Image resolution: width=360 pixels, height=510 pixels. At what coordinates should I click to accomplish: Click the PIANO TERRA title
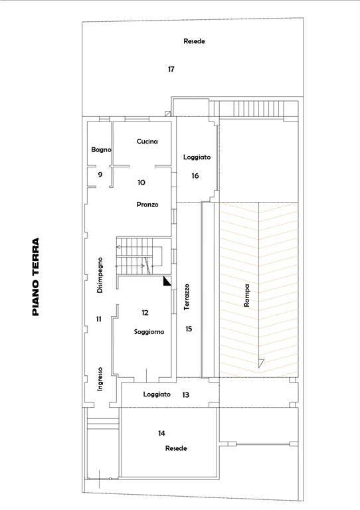[36, 277]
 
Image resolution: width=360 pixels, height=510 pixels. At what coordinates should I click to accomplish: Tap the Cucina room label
[147, 141]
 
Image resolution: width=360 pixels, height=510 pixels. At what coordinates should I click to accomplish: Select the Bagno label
[101, 149]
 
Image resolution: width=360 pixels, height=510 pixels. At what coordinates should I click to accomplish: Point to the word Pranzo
[147, 205]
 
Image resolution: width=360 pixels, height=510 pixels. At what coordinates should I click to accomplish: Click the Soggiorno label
[149, 332]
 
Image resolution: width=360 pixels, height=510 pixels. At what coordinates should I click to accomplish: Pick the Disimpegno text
[100, 276]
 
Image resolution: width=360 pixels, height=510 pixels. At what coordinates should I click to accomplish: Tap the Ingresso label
[100, 379]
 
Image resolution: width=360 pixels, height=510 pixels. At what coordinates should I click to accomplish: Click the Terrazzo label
[187, 297]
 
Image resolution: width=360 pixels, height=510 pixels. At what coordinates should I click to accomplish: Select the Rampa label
[247, 296]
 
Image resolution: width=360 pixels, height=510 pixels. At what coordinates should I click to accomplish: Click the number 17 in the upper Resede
[171, 69]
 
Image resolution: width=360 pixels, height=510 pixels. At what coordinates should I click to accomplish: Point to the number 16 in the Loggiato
[195, 175]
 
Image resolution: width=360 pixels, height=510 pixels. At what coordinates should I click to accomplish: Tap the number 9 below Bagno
[100, 175]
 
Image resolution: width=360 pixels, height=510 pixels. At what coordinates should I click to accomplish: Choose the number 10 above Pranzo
[141, 183]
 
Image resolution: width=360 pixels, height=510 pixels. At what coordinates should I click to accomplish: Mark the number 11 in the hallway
[99, 319]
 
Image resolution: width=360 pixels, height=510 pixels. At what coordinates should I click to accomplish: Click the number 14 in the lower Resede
[161, 433]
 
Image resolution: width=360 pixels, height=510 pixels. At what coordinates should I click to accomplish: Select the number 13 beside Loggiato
[185, 395]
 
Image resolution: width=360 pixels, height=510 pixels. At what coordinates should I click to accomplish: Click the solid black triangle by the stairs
[166, 282]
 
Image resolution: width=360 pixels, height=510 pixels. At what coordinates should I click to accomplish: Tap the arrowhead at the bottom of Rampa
[261, 363]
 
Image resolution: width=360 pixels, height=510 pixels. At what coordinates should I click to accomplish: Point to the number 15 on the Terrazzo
[189, 329]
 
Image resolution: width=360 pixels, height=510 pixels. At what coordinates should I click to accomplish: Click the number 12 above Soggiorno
[145, 313]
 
